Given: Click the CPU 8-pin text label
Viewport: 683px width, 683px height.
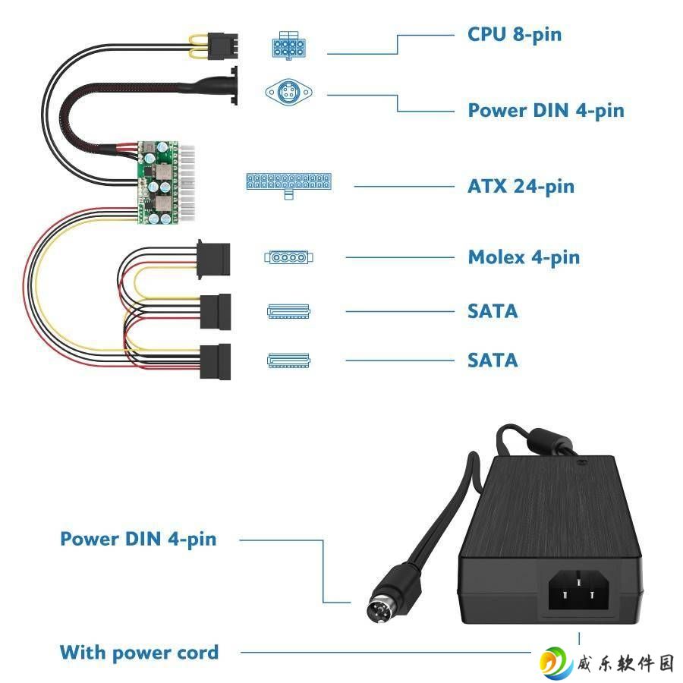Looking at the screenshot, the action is tap(515, 35).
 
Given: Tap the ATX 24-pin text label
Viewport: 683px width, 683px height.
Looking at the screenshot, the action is tap(521, 187).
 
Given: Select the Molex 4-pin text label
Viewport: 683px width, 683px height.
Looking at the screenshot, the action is tap(524, 257).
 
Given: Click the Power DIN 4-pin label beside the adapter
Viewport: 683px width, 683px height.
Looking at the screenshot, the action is tap(138, 540).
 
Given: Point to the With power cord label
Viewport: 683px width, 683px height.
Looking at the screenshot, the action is tap(139, 653).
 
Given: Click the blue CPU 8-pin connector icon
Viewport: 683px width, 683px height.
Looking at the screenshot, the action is tap(288, 46).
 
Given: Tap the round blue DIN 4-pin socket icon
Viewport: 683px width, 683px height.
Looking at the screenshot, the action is tap(289, 93).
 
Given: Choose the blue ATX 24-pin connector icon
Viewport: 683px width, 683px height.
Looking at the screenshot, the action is tap(289, 185).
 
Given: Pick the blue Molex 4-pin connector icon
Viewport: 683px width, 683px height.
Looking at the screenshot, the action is tap(289, 257).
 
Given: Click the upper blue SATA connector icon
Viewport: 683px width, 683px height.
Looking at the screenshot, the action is tap(288, 311).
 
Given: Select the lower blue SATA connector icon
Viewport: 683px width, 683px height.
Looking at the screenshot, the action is tap(288, 360).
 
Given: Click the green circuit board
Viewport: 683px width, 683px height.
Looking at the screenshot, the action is tap(158, 182).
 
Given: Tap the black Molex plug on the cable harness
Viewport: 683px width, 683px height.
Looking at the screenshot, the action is tap(213, 260).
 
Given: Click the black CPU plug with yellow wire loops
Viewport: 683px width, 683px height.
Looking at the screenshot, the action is tap(223, 46).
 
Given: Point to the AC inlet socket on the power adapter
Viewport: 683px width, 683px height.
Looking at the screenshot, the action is tap(578, 590).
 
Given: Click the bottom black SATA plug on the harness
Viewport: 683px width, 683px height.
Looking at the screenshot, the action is tap(216, 362).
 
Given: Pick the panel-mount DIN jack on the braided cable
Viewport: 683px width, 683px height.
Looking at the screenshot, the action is tap(234, 85).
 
